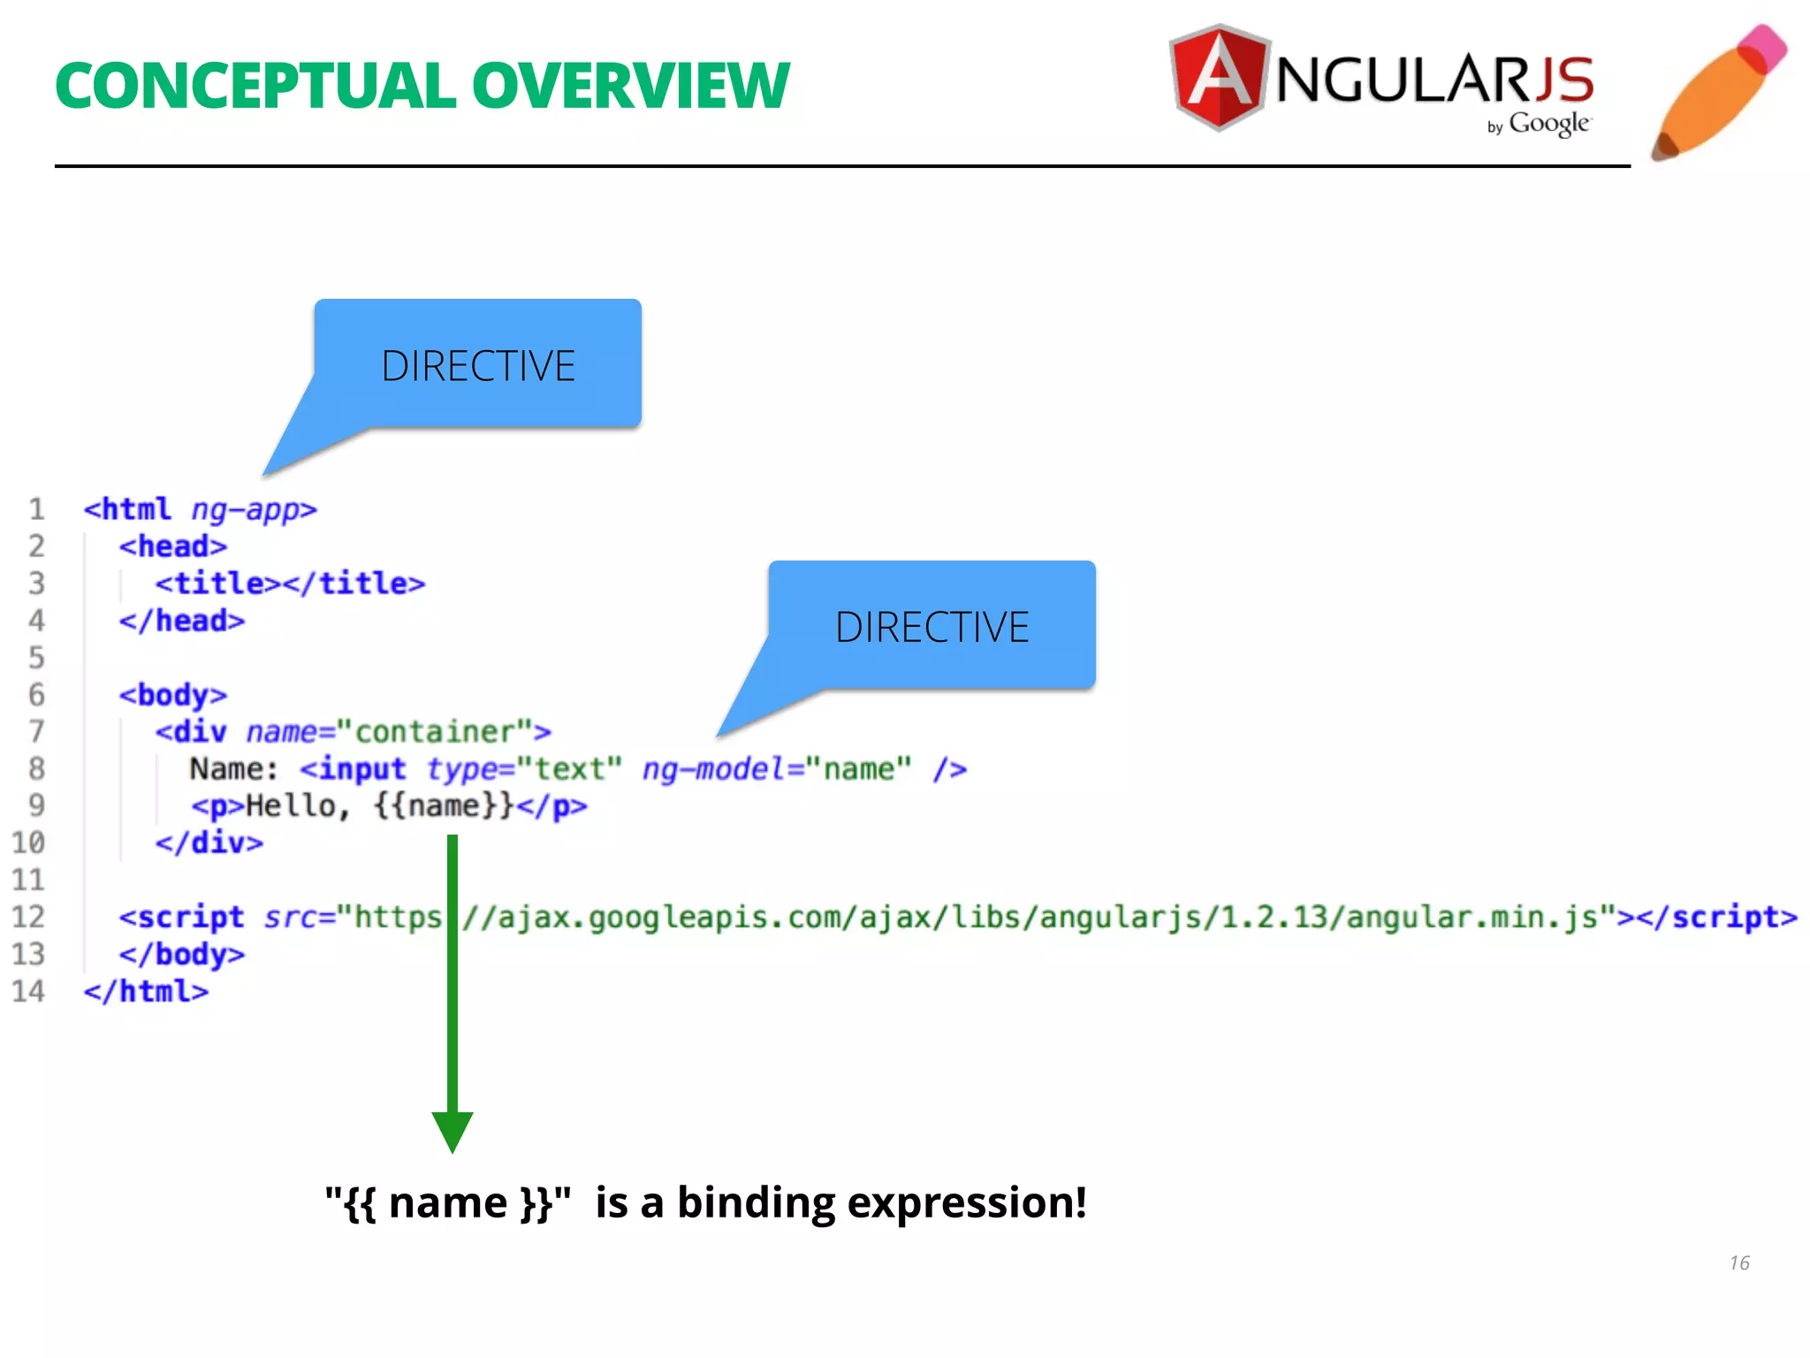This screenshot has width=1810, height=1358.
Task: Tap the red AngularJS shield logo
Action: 1220,77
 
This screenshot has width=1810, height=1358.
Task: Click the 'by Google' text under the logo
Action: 1540,125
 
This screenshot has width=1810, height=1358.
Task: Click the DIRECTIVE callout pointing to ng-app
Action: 478,365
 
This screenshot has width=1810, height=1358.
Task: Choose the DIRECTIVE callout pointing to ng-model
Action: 932,627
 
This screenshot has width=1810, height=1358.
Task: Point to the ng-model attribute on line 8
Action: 712,769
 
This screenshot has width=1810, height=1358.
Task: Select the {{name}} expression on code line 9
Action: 443,805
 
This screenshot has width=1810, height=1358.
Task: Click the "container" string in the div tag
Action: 435,732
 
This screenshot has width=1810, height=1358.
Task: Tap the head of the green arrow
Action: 452,1132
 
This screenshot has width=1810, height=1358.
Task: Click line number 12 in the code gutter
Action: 28,917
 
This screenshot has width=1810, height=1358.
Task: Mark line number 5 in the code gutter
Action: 36,658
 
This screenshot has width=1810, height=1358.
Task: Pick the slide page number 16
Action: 1739,1263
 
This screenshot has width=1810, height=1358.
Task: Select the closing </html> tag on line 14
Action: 147,991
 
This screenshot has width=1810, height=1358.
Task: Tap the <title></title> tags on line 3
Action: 290,584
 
